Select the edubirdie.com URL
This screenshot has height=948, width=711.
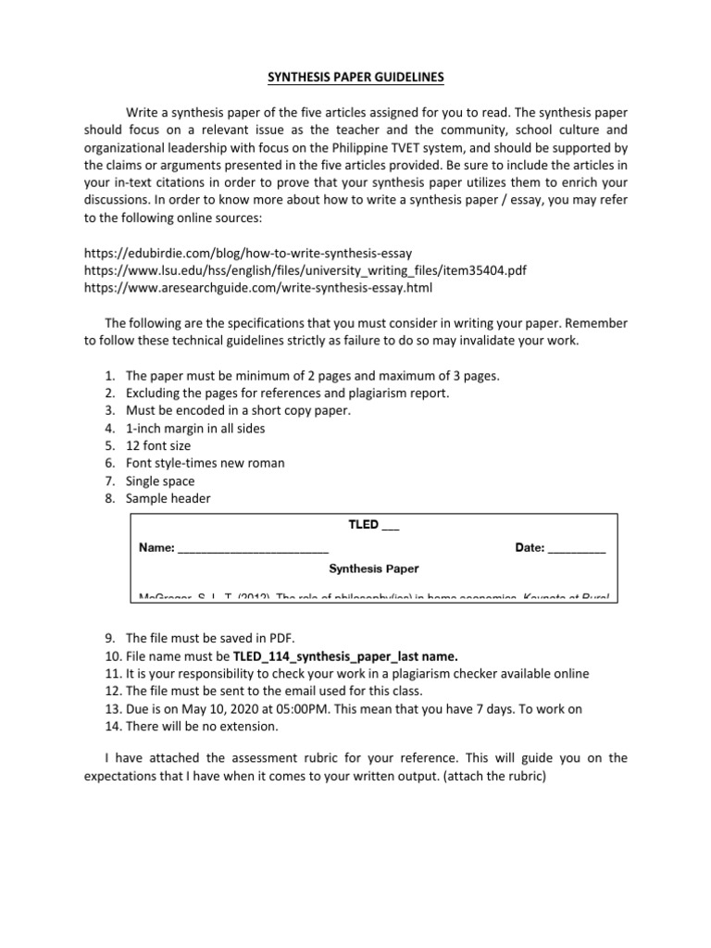coord(247,252)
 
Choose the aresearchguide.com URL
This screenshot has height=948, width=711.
coord(257,287)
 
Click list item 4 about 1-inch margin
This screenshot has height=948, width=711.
coord(194,428)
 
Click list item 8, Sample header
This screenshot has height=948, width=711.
coord(168,498)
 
